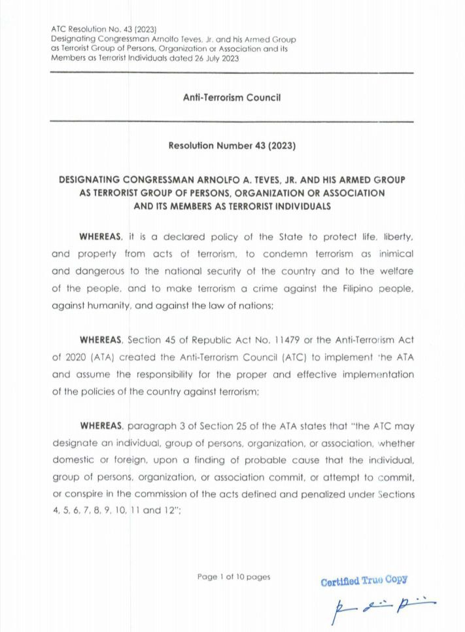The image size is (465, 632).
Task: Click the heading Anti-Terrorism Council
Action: click(x=232, y=97)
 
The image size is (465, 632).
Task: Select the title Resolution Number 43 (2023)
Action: click(x=232, y=146)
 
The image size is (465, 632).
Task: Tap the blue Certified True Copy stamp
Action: click(x=364, y=580)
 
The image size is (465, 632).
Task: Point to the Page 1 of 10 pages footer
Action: click(x=233, y=576)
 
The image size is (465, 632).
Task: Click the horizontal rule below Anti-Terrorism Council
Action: click(x=232, y=122)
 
